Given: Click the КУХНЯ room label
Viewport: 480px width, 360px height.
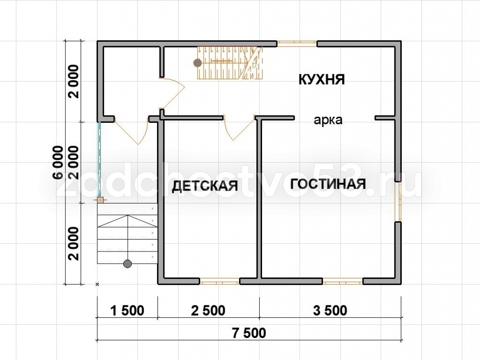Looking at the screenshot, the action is pos(322,80).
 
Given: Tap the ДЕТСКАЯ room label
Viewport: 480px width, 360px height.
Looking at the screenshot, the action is pos(205,186).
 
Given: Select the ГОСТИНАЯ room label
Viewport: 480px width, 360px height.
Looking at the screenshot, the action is pos(328,184).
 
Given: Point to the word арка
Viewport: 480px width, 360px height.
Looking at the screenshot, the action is pos(328,120).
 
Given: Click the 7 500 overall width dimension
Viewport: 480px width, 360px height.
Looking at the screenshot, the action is pos(249,333).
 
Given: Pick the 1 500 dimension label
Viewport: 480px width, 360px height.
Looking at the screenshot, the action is pos(127,311).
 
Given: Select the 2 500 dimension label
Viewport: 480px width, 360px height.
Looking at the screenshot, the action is pos(208,311).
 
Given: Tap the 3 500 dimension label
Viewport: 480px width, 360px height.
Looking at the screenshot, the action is pos(330,311).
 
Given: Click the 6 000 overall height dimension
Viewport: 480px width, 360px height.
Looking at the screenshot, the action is pos(58,162).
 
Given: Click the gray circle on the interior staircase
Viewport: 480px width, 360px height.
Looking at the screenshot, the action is pos(197,63).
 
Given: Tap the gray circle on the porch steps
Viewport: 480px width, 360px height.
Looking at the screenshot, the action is pos(127,264).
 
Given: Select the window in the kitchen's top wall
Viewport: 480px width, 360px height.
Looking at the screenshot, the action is pos(297,44).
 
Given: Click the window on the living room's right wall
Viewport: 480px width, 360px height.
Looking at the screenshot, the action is pos(397,202).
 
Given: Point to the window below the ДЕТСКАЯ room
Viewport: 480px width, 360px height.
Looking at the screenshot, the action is pos(219,281).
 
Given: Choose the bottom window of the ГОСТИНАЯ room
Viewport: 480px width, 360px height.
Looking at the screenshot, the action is pos(343,281).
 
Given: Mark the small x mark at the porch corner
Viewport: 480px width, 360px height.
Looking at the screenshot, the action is pos(97,285).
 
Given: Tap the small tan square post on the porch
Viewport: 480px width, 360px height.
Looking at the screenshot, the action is pos(100,200).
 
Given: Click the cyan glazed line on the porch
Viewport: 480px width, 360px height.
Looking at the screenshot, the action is pos(99,160).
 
